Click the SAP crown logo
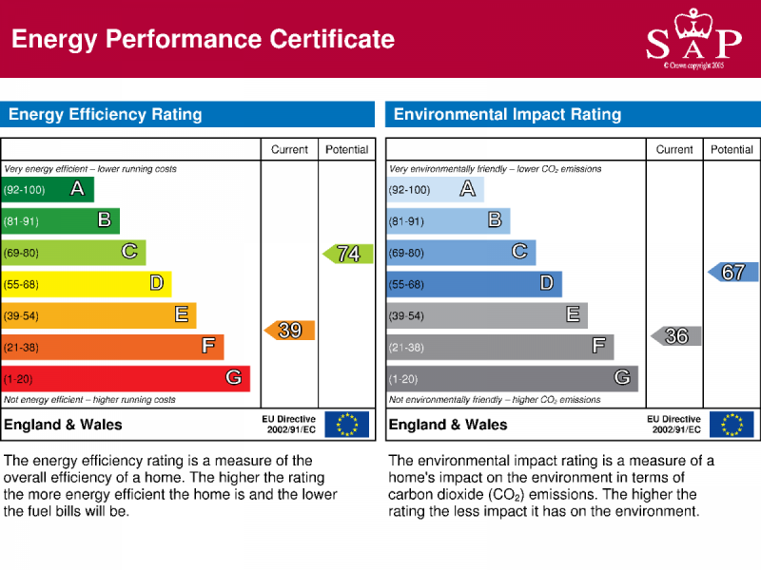693,38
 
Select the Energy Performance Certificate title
203,39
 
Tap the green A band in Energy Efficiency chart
48,190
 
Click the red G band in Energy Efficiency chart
126,378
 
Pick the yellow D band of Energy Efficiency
86,284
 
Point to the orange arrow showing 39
289,331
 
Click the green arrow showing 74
347,254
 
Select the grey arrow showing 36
676,336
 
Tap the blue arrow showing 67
732,273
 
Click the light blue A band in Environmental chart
435,190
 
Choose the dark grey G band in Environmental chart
512,378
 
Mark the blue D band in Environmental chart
474,284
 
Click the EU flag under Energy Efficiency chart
346,425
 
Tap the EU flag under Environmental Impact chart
732,425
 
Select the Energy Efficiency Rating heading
106,115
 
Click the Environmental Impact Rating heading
507,115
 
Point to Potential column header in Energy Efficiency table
347,150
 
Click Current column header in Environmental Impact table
674,150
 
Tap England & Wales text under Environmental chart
448,425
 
